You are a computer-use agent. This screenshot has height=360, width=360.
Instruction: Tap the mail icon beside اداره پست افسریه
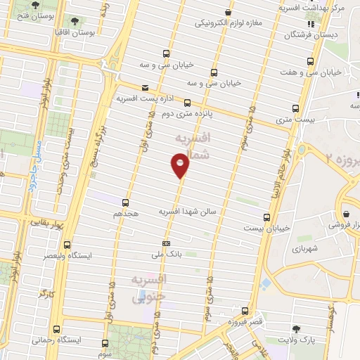(145, 88)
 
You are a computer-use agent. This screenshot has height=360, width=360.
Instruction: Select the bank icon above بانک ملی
(165, 244)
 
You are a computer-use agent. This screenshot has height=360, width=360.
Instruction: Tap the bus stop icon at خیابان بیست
(266, 218)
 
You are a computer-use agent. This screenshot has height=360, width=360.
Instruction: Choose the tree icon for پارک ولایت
(295, 329)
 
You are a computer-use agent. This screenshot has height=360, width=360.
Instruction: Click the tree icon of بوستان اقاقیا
(75, 22)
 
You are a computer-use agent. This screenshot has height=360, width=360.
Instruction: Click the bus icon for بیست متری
(295, 108)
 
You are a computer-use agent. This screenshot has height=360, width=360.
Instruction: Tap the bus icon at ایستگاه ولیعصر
(67, 245)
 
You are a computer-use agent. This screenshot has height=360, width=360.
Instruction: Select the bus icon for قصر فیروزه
(245, 310)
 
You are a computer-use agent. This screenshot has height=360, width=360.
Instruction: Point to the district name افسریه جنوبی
(150, 288)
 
